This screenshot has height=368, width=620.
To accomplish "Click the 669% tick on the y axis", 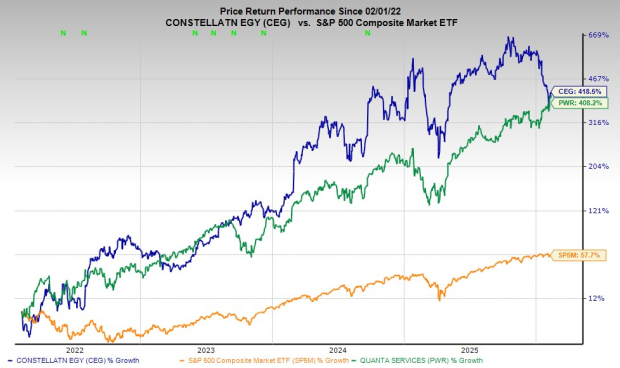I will click(597, 35).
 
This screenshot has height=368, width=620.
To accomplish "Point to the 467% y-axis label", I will click(597, 79).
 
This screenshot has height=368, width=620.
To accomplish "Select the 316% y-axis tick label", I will click(597, 123).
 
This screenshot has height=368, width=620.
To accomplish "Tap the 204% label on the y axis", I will click(597, 167).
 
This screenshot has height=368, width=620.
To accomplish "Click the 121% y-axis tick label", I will click(597, 211).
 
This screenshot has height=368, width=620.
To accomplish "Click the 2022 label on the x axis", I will click(74, 350).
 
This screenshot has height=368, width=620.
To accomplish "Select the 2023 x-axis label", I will click(205, 350).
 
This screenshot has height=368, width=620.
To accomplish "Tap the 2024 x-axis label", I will click(338, 350).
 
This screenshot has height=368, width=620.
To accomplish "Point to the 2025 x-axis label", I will click(470, 350).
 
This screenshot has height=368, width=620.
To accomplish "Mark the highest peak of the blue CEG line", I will click(510, 38).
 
